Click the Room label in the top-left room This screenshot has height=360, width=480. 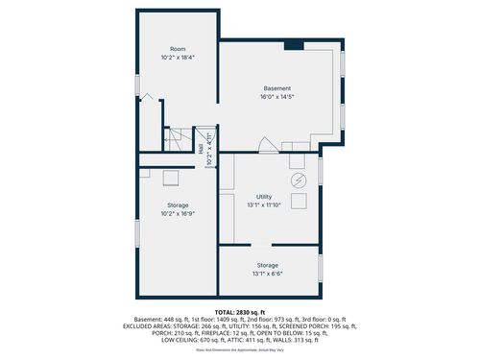[178, 49]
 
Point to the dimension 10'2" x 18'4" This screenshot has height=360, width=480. [178, 58]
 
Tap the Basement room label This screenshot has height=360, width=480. [276, 88]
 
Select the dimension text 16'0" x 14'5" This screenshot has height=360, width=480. [276, 97]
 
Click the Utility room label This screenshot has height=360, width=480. [263, 197]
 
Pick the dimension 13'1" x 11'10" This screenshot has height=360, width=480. [263, 204]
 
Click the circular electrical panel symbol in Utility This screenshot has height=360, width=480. [298, 180]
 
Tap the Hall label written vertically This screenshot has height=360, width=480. [201, 149]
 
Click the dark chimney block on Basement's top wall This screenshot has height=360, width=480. [295, 44]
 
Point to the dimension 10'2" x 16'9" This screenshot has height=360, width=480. [178, 213]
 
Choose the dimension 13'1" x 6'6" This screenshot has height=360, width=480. [268, 274]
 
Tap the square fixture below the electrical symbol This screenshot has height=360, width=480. [299, 201]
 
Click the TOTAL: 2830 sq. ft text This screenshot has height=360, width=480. [239, 313]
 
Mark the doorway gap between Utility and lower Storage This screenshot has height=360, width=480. [268, 246]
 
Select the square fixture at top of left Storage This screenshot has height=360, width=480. [171, 177]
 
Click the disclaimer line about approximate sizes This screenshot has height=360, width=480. [239, 350]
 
